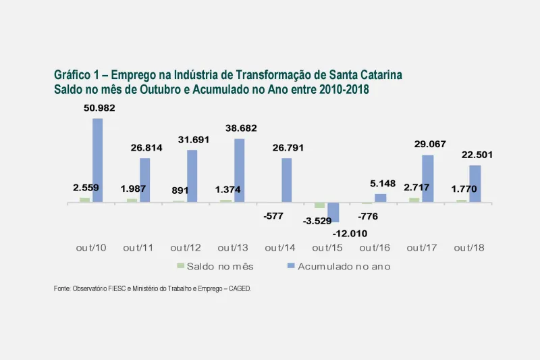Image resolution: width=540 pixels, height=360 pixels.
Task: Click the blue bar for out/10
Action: (98, 160)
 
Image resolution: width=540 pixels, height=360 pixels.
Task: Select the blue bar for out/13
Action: (240, 170)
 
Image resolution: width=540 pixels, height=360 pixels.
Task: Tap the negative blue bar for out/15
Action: (333, 212)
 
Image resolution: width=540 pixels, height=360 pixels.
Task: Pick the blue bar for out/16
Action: (381, 198)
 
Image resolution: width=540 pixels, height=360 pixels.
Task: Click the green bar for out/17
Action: (414, 199)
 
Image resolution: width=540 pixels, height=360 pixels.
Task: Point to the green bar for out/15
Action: (320, 205)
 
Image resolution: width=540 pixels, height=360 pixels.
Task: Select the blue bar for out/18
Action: (475, 184)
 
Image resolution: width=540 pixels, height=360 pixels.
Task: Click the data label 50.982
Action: (99, 109)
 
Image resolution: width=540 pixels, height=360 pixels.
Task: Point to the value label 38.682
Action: (240, 128)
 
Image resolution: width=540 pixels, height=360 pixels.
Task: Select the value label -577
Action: (274, 216)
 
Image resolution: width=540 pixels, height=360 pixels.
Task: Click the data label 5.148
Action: (382, 183)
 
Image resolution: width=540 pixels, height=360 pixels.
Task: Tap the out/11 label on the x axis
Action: (138, 248)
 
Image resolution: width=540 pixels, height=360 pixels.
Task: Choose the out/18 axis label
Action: (469, 248)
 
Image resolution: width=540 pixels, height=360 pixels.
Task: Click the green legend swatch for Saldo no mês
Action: (180, 266)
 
